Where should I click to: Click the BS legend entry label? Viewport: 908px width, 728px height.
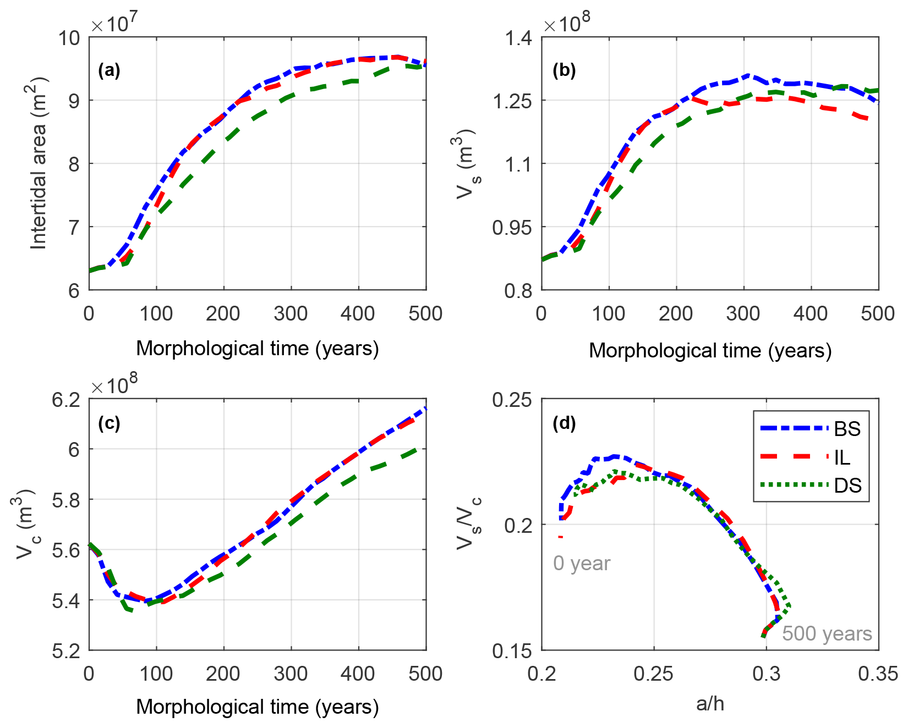pyautogui.click(x=847, y=429)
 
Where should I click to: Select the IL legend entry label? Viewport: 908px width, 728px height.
pyautogui.click(x=842, y=457)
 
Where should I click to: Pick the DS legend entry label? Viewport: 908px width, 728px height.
pyautogui.click(x=847, y=486)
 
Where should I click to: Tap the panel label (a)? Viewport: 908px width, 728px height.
pyautogui.click(x=109, y=70)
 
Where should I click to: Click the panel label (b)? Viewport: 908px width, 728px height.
pyautogui.click(x=564, y=70)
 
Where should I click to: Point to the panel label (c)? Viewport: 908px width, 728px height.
pyautogui.click(x=109, y=423)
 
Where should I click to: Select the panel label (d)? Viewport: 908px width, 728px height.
pyautogui.click(x=564, y=423)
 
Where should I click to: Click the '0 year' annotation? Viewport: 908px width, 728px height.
pyautogui.click(x=582, y=564)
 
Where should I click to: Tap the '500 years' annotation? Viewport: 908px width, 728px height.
pyautogui.click(x=827, y=633)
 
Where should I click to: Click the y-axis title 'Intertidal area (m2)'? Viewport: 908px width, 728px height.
pyautogui.click(x=39, y=163)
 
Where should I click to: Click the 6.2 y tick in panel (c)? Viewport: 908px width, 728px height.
pyautogui.click(x=65, y=400)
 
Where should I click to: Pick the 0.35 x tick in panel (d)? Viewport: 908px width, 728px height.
pyautogui.click(x=878, y=674)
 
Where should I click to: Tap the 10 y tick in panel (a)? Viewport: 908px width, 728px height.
pyautogui.click(x=69, y=38)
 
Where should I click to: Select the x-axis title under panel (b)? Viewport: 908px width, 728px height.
pyautogui.click(x=710, y=351)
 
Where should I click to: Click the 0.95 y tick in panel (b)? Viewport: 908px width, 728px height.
pyautogui.click(x=512, y=227)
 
